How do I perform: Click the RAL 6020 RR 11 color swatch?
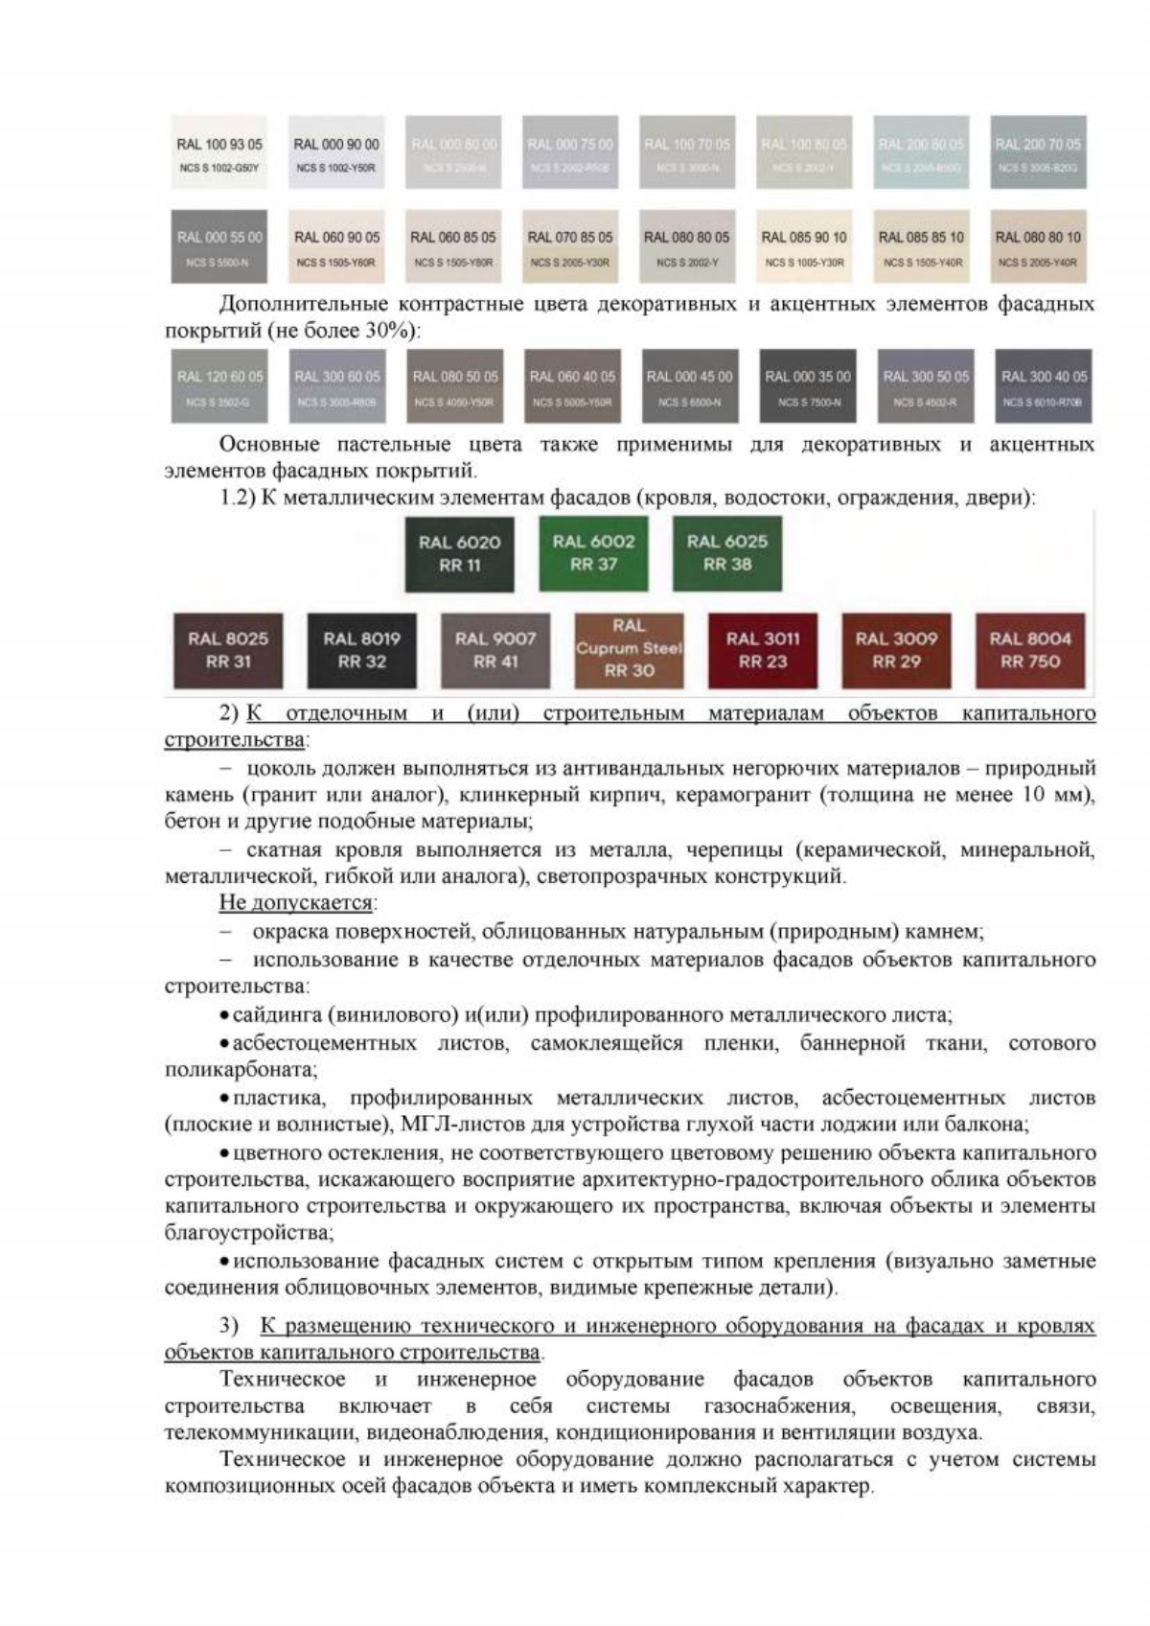click(459, 554)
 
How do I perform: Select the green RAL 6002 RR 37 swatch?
click(593, 553)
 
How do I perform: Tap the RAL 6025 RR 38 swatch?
click(726, 553)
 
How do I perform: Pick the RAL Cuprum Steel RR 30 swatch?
click(629, 649)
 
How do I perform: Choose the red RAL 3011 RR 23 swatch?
click(763, 649)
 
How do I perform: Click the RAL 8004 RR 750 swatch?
click(1030, 649)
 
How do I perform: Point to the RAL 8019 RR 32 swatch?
click(361, 649)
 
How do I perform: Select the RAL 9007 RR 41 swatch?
click(495, 649)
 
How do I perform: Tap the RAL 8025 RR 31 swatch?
click(228, 649)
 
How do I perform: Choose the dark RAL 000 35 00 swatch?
click(807, 385)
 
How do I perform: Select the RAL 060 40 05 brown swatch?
click(572, 385)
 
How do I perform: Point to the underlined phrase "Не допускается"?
click(296, 902)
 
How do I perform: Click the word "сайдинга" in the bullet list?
click(279, 1014)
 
